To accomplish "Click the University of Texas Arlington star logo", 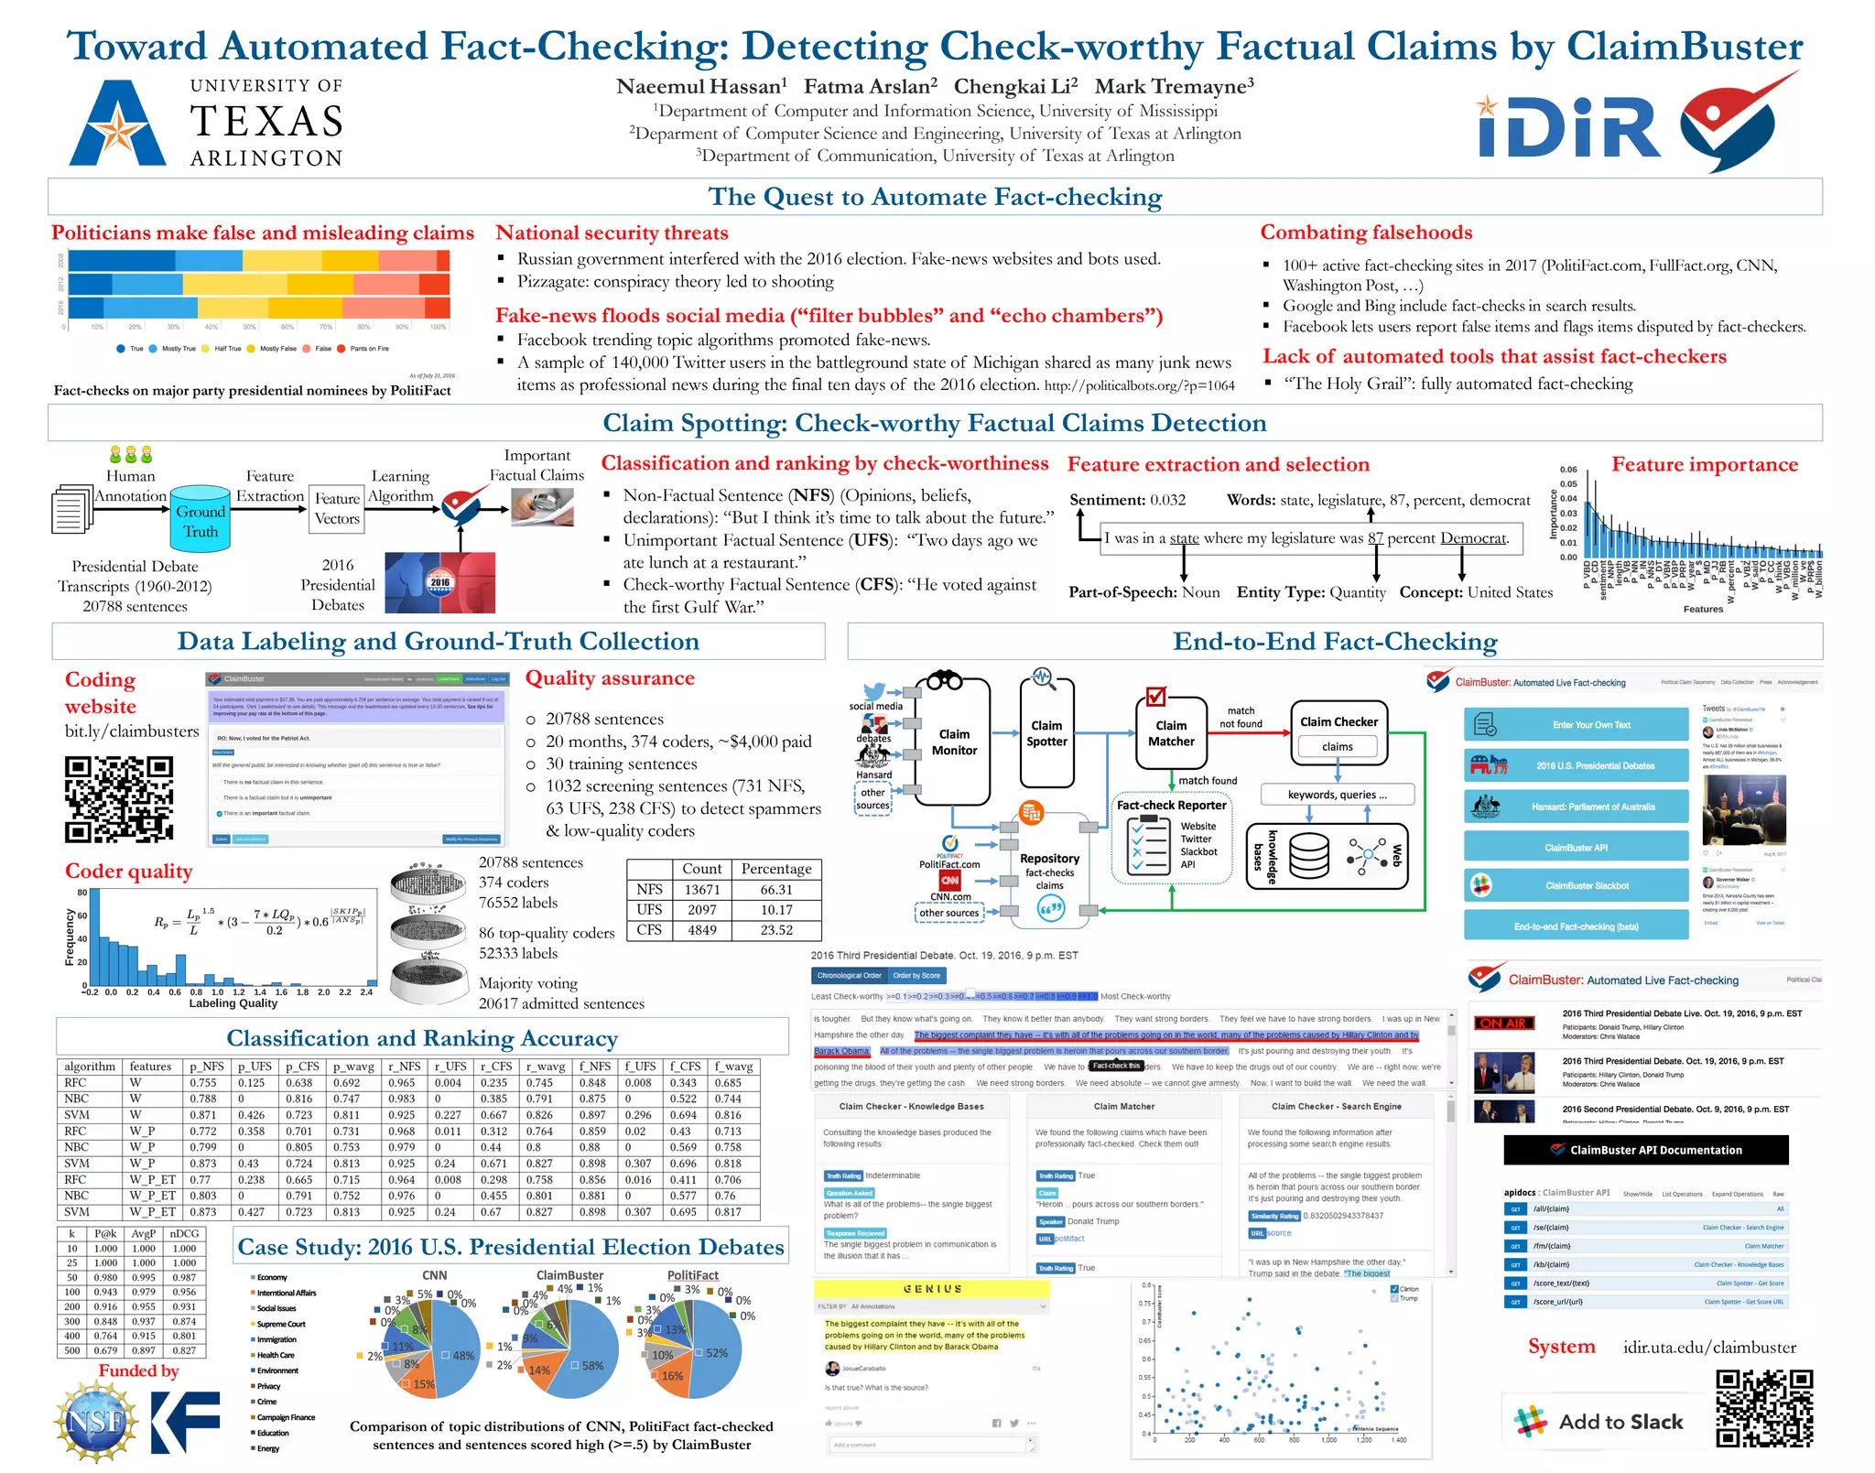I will (119, 124).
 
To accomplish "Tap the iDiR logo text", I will (1568, 128).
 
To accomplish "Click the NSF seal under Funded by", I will (93, 1420).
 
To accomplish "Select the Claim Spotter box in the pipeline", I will (1046, 733).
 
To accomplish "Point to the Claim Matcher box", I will (1171, 733).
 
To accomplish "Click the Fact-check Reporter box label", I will (1171, 805).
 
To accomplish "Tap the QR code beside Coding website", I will (119, 798).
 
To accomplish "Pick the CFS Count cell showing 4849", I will (702, 930).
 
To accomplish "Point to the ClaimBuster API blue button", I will (1576, 848).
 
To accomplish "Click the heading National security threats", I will (612, 233).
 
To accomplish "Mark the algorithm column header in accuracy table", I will (90, 1067).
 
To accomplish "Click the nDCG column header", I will (184, 1233).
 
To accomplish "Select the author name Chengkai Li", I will (1014, 87).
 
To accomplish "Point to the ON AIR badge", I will (1502, 1023).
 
